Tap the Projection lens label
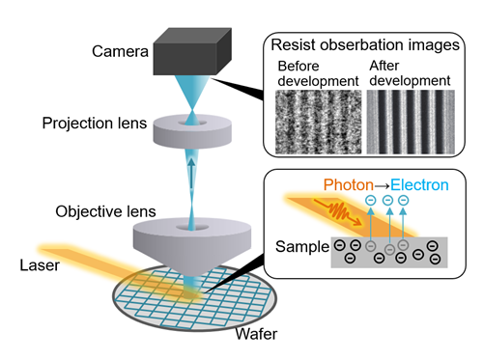coord(94,123)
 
